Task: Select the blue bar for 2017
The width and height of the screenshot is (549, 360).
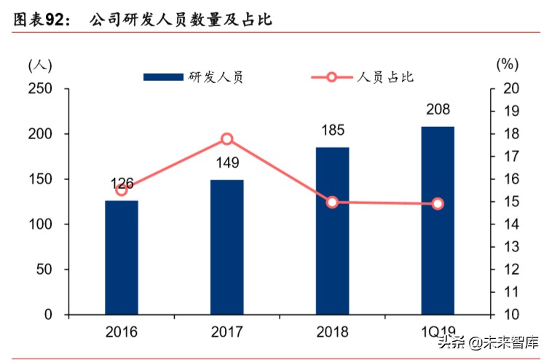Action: coord(227,247)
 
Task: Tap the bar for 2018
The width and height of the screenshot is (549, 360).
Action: coord(332,231)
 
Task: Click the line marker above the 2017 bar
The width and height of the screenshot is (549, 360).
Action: coord(227,138)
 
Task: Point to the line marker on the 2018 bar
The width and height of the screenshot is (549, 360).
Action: coord(332,202)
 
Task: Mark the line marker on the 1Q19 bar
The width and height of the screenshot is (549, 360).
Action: coord(438,203)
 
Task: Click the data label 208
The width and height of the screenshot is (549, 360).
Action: coord(438,110)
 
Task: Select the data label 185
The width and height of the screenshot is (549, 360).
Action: coord(332,131)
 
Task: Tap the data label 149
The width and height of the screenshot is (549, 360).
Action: coord(227,163)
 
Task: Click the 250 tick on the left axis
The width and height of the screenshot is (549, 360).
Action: coord(41,89)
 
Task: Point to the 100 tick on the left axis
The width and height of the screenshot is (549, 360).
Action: coord(41,224)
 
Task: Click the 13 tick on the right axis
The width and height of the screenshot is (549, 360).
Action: coord(507,247)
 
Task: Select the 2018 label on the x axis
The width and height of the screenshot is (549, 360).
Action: coord(332,333)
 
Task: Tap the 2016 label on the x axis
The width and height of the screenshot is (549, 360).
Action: coord(122,333)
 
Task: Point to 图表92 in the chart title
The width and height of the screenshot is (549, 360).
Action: coord(40,20)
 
